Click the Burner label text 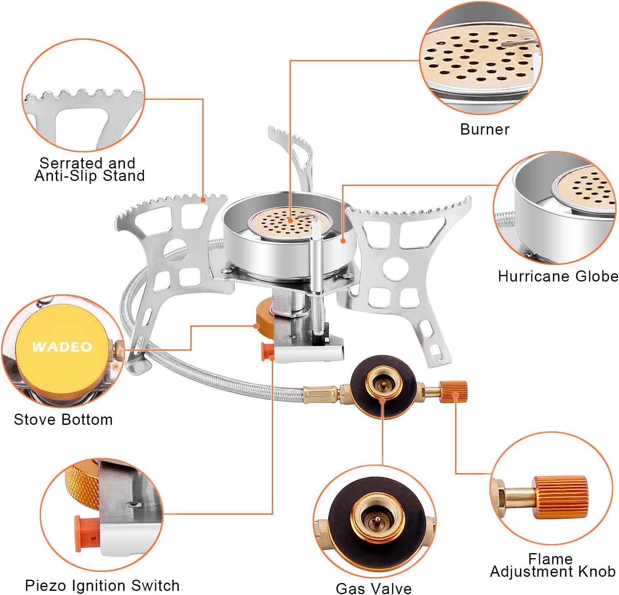point(485,129)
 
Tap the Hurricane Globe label point(558,276)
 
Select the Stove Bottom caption point(63,419)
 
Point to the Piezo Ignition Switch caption point(102,585)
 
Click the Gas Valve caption point(374,588)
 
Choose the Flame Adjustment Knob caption point(552,566)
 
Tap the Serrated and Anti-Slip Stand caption point(89,169)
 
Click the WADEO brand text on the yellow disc point(62,347)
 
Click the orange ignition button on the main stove point(267,351)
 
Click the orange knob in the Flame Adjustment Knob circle point(560,497)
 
